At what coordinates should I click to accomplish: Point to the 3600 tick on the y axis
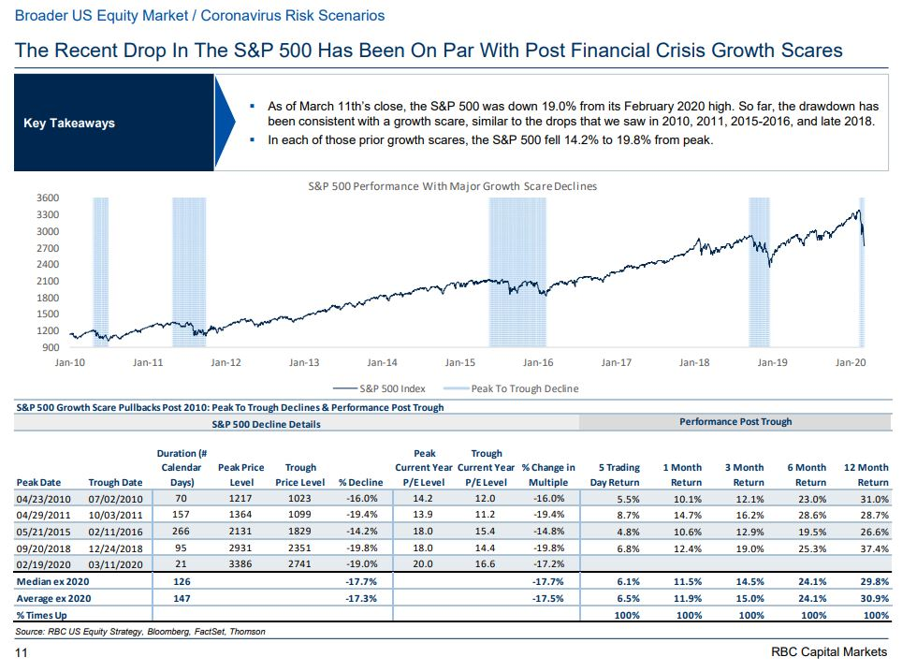(48, 198)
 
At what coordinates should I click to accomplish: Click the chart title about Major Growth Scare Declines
(452, 185)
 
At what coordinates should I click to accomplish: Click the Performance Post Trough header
(735, 422)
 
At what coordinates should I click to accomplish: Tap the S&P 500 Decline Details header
(266, 424)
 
